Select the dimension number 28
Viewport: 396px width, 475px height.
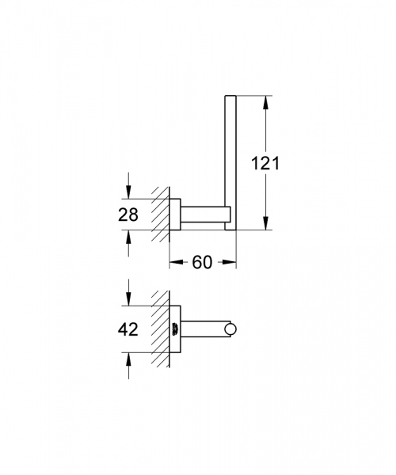click(128, 214)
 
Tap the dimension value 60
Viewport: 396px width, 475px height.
click(203, 262)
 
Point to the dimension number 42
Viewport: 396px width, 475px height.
click(128, 329)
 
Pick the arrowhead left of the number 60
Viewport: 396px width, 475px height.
click(175, 262)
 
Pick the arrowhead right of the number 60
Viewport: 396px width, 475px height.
click(230, 262)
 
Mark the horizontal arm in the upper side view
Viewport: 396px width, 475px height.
click(204, 214)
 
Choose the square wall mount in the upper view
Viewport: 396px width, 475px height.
click(177, 214)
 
